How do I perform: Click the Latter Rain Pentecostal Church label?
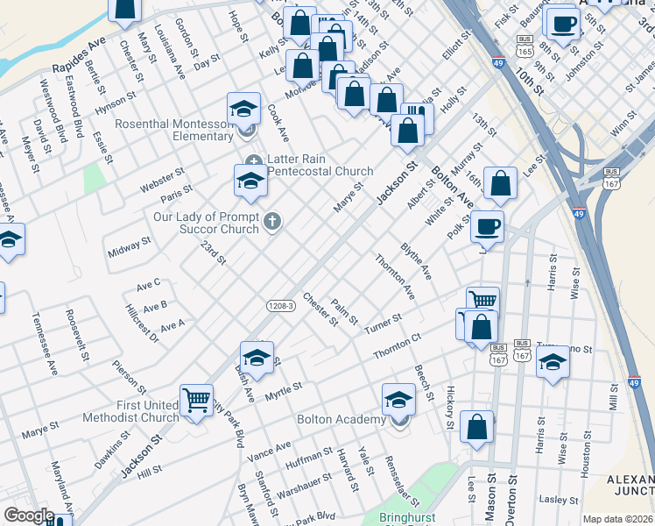[x=320, y=165]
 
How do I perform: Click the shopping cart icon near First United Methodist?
[x=195, y=401]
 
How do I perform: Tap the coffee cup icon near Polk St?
[x=488, y=227]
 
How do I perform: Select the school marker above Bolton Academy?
[x=398, y=400]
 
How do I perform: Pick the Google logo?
[x=29, y=515]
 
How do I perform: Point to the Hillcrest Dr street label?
[x=141, y=323]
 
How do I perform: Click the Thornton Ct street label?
[x=398, y=345]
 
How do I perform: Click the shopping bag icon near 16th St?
[x=499, y=184]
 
